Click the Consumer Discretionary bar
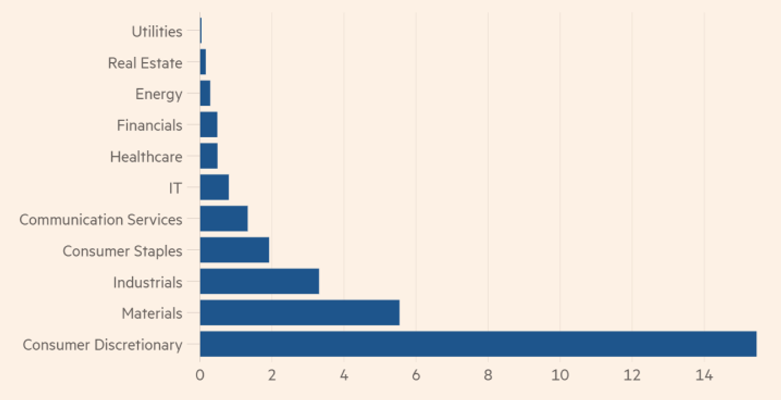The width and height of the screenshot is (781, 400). pos(478,344)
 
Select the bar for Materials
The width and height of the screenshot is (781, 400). pos(300,313)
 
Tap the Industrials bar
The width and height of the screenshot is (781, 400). pos(260,281)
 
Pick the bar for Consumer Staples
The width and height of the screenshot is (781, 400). pos(235,250)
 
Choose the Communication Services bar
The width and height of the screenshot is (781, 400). pos(224,219)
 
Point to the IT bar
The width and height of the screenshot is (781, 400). pos(214,187)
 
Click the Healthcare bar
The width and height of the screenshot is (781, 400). pos(209,155)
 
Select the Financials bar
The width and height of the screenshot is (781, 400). pos(209,124)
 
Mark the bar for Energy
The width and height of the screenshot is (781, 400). pos(206,93)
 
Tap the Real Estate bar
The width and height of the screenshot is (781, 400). pos(203,62)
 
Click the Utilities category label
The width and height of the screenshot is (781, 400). pos(157,32)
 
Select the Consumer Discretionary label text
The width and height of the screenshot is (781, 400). pos(103,345)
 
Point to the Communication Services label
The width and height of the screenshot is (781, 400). pos(101,220)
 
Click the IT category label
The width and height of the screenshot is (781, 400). pos(175,188)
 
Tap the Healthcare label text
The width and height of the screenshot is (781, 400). pos(146,157)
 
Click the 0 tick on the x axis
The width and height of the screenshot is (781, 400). pos(200,375)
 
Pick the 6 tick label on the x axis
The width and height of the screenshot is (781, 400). pos(416,375)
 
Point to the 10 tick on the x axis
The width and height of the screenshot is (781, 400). pos(560,375)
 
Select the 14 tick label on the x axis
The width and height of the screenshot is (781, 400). pos(704,375)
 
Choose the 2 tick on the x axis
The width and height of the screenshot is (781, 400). pos(272,375)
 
